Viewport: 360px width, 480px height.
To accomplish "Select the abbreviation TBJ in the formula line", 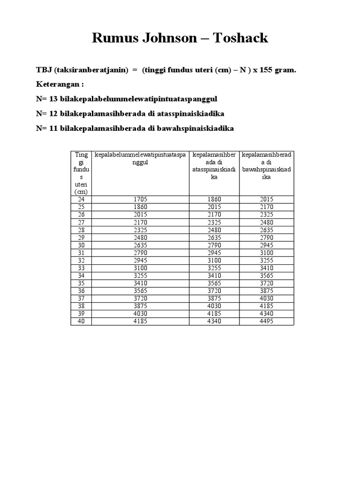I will coord(44,70).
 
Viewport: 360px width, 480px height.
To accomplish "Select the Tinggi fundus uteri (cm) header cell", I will coord(82,173).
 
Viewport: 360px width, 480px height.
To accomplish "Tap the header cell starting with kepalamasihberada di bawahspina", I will coord(266,166).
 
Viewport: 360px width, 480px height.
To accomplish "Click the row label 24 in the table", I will coord(82,199).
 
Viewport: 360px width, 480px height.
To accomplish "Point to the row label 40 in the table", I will coord(82,321).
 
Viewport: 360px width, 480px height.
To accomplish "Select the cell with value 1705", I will coord(141,199).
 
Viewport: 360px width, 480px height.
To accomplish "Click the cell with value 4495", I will coord(266,321).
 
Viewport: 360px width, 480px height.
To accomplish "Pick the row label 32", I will coord(82,260).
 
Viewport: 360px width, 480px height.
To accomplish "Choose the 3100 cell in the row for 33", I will coord(141,268).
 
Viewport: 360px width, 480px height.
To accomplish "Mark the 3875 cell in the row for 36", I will coord(266,291).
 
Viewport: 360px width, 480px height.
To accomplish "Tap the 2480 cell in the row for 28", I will coord(214,230).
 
